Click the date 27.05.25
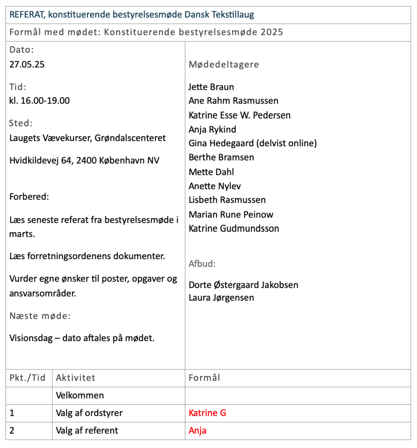(x=27, y=64)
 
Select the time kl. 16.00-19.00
(x=39, y=100)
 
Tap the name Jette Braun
(x=211, y=87)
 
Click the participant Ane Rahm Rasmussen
(x=234, y=101)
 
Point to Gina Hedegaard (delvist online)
(x=253, y=143)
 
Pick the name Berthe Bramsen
(x=221, y=157)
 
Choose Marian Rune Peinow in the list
(x=231, y=214)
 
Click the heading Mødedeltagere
(x=224, y=64)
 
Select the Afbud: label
(x=202, y=264)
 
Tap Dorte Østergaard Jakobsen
(x=243, y=285)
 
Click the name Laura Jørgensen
(x=221, y=298)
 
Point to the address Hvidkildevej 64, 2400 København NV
(x=84, y=161)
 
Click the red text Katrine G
(x=207, y=413)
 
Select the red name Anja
(x=197, y=430)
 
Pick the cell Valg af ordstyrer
(x=89, y=413)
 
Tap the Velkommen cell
(x=80, y=395)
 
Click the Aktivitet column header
(x=76, y=378)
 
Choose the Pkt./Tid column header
(x=27, y=378)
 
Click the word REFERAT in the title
(x=26, y=15)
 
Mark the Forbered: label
(x=29, y=197)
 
